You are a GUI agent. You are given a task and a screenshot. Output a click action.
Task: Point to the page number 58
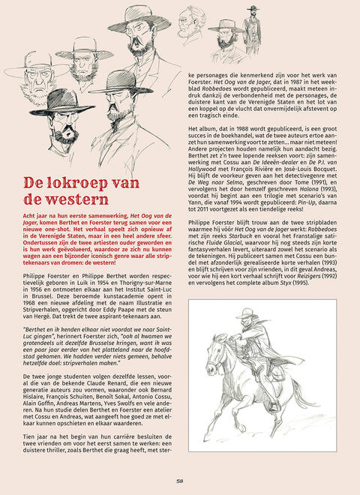[x=180, y=482]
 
